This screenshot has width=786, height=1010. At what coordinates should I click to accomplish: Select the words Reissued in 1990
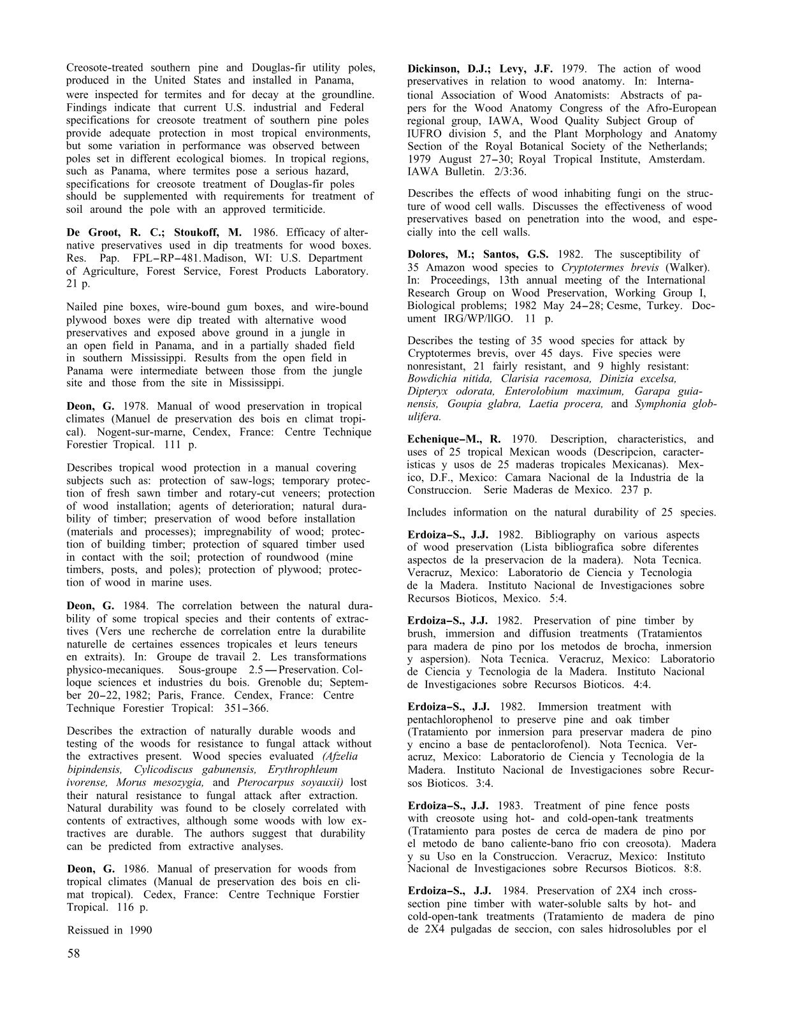[110, 930]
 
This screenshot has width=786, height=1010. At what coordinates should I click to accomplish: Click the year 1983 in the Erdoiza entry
[512, 805]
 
